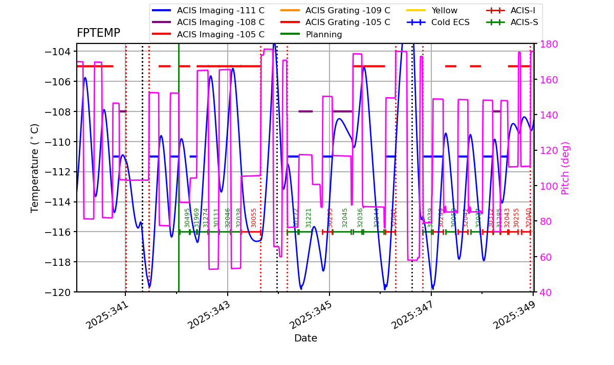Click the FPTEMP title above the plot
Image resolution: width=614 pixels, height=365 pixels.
click(98, 33)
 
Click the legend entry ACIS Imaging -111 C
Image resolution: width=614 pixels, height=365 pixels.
click(221, 10)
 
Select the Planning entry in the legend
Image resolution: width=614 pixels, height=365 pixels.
click(324, 35)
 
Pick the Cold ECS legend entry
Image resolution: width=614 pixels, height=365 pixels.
click(451, 22)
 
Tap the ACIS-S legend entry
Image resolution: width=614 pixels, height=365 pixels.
click(524, 22)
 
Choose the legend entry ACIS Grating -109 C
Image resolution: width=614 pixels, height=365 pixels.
click(347, 10)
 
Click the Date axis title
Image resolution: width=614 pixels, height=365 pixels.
click(305, 338)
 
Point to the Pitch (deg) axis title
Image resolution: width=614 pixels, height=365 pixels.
click(565, 168)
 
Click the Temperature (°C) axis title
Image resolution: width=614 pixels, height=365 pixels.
click(35, 168)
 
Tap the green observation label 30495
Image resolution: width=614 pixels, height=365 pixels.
click(188, 217)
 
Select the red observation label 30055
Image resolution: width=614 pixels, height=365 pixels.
click(254, 217)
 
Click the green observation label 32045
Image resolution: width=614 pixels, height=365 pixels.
click(345, 217)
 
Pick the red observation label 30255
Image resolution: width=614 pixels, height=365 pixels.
click(516, 217)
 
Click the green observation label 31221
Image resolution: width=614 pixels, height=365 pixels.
click(309, 217)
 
